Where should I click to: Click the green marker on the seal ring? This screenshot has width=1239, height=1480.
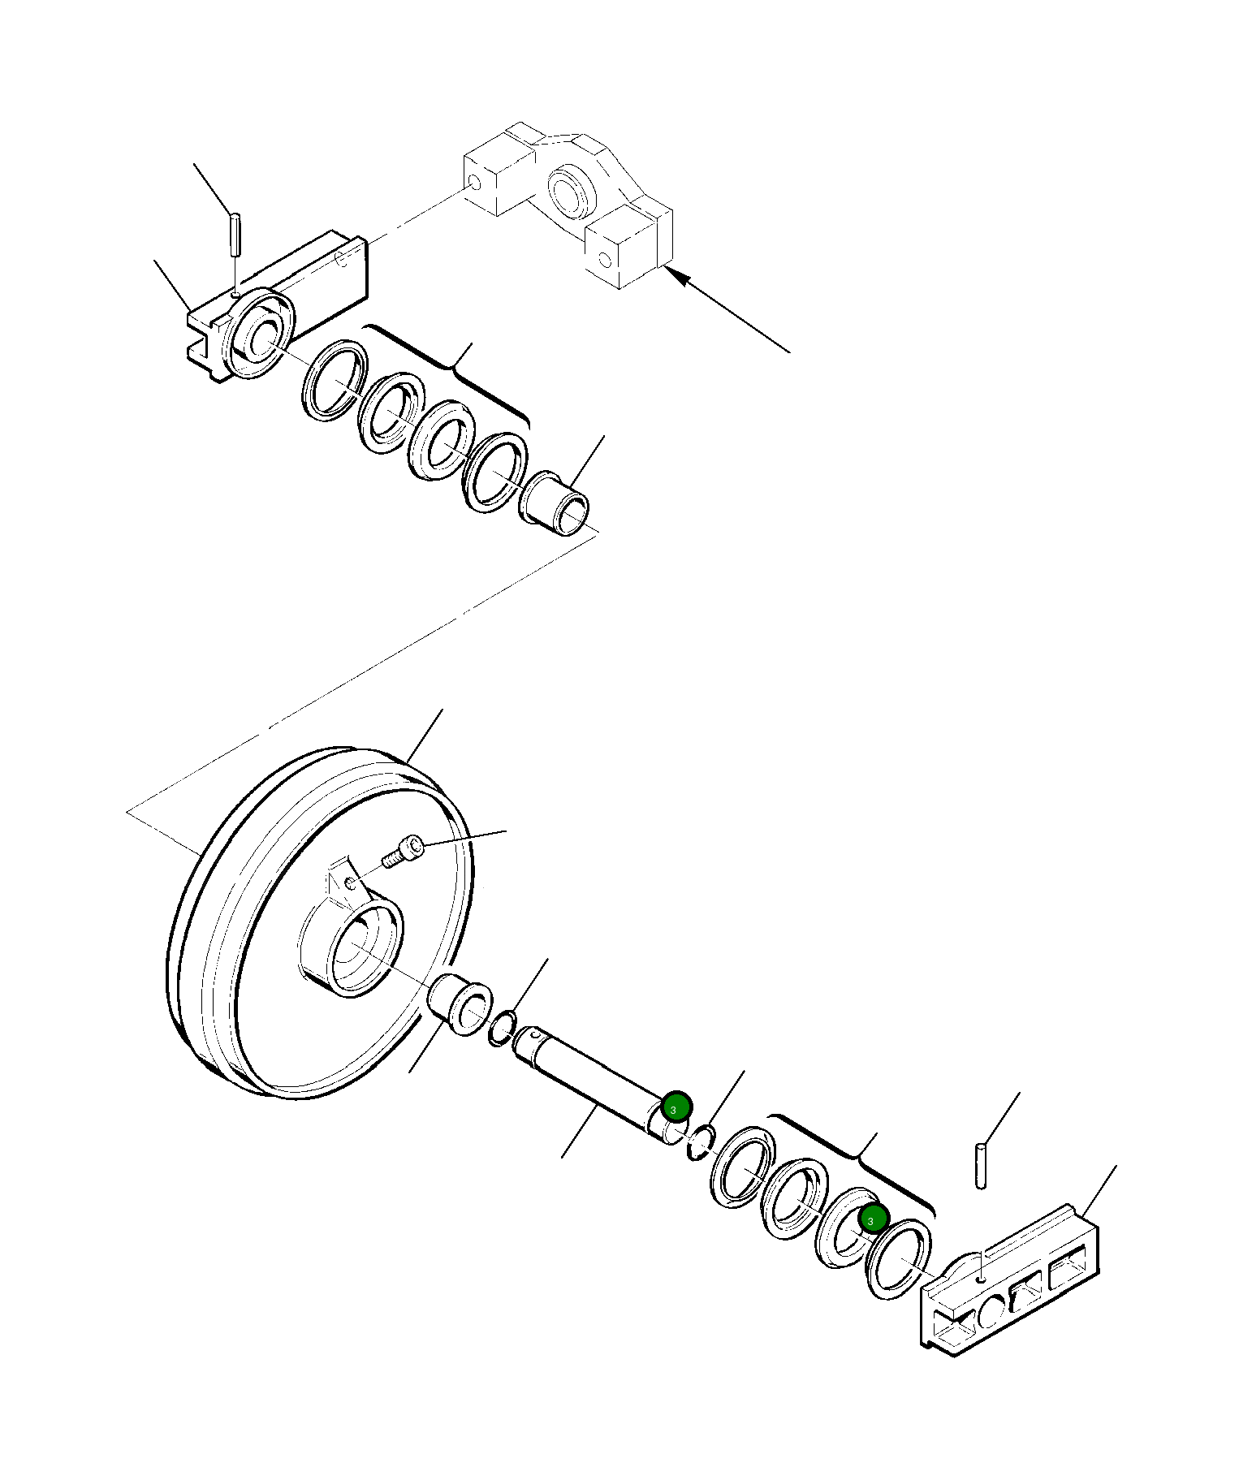point(871,1220)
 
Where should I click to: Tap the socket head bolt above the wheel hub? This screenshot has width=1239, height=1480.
point(404,852)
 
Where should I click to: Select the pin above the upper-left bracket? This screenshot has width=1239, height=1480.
point(234,233)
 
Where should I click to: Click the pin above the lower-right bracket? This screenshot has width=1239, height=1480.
point(981,1166)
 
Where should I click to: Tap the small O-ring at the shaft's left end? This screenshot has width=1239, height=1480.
point(501,1028)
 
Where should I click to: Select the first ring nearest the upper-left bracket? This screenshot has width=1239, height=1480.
point(333,381)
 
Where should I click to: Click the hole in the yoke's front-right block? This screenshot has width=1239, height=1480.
point(603,259)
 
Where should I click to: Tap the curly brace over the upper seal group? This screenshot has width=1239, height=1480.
point(455,369)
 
